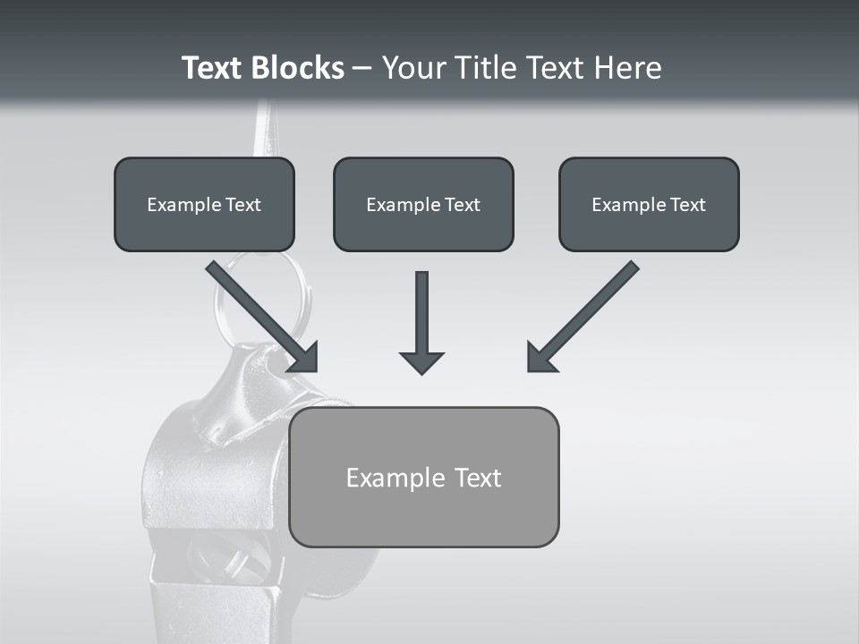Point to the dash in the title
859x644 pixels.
(362, 69)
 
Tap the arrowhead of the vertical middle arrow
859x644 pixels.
(421, 361)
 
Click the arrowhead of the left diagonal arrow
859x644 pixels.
(304, 358)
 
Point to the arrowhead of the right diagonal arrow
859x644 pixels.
(540, 358)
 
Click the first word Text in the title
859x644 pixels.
(215, 68)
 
